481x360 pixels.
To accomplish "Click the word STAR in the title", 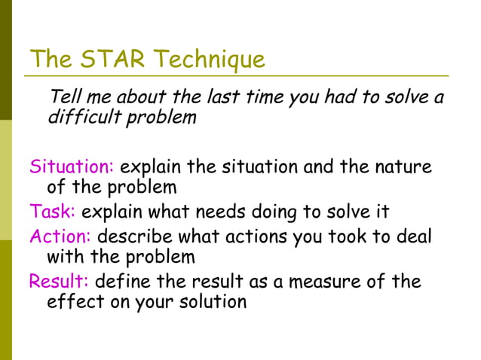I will (x=105, y=58).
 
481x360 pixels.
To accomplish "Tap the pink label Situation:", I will (x=72, y=166).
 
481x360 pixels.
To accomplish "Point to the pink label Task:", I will (x=52, y=212).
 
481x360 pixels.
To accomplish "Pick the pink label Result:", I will (x=59, y=282).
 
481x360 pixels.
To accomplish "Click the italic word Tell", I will (x=63, y=97).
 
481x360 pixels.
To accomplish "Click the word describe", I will (x=135, y=236).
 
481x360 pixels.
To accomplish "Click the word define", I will (x=121, y=282).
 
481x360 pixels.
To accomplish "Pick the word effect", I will (x=72, y=302).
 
